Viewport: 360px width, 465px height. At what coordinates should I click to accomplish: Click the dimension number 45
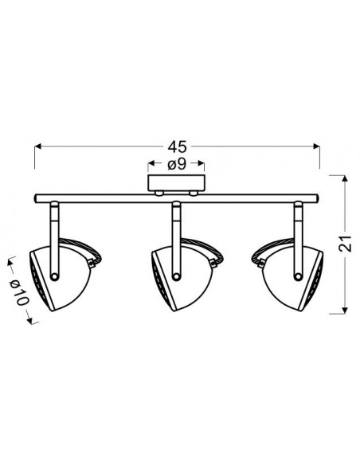tap(178, 147)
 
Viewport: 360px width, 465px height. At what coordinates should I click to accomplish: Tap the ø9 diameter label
tap(177, 163)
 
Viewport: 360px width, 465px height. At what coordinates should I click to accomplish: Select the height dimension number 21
tap(345, 244)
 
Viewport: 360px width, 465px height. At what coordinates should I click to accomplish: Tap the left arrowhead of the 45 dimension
tap(38, 147)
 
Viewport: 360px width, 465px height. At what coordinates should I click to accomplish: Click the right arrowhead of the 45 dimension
tap(317, 147)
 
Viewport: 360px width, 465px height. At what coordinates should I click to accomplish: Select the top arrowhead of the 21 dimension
tap(344, 178)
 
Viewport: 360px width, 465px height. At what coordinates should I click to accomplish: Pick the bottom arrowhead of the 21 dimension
tap(344, 311)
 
